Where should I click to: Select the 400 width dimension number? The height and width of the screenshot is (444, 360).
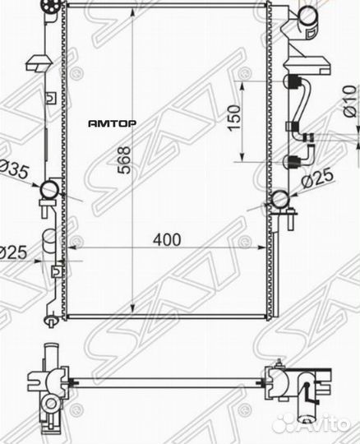point(166,239)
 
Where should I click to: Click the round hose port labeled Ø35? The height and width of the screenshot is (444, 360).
point(48,192)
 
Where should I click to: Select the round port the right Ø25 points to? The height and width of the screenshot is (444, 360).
point(279,199)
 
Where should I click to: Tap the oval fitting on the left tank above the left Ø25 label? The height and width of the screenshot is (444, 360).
point(47,240)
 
